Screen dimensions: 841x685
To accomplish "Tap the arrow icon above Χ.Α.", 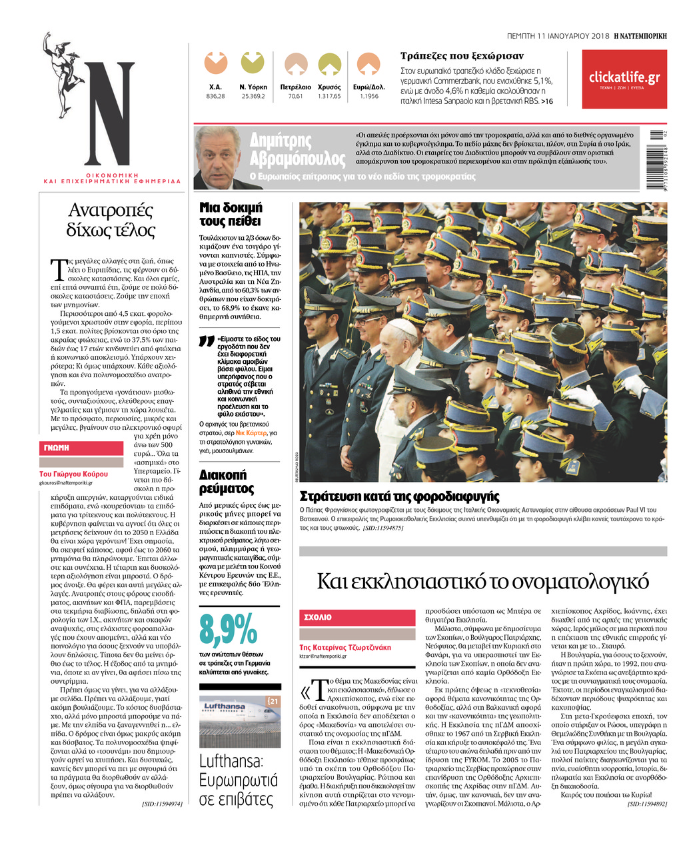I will [x=215, y=63].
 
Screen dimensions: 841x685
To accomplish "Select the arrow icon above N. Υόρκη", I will [x=253, y=63].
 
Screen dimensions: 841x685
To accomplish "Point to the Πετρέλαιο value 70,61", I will [x=295, y=96].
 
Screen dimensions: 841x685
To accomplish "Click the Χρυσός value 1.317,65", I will [x=329, y=96].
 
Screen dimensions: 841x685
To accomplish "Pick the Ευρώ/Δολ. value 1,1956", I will [x=368, y=96].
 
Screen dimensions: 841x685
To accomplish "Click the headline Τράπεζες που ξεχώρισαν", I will [x=462, y=56].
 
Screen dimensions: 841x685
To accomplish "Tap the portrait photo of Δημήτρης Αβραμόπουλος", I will [x=219, y=159].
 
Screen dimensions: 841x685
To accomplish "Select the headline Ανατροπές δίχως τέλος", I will [x=111, y=220].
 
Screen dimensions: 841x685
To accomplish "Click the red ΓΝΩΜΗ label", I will [x=57, y=448].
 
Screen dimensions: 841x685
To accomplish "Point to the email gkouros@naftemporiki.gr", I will [x=66, y=482].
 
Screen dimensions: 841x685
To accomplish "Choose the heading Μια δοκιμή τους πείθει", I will [x=231, y=214].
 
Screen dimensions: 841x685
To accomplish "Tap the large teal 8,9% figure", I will [x=228, y=628].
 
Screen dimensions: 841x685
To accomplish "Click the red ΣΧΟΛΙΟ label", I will [x=318, y=617].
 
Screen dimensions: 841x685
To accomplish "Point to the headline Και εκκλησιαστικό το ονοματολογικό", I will [x=482, y=581].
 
